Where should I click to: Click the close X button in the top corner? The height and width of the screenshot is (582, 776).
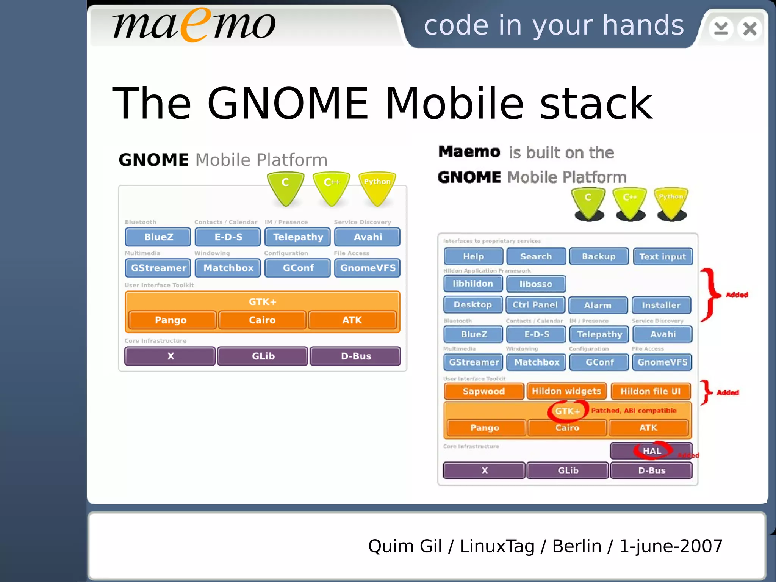[749, 29]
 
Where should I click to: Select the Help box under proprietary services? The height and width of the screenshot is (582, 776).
[473, 257]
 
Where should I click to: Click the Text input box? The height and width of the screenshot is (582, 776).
[662, 257]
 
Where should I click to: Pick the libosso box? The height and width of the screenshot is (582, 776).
[536, 284]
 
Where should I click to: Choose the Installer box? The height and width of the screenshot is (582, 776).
[661, 305]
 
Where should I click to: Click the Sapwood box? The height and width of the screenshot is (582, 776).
[483, 391]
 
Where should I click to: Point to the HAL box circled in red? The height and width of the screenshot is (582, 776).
[652, 451]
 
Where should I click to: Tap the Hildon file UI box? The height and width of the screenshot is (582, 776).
[651, 391]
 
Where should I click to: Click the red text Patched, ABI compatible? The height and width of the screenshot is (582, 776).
[634, 411]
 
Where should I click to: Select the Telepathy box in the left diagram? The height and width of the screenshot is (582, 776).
[298, 237]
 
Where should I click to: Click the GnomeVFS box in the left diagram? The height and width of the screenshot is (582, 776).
[368, 268]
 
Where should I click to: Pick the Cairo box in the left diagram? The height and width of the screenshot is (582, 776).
[262, 320]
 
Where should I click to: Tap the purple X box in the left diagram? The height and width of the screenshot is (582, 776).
[171, 356]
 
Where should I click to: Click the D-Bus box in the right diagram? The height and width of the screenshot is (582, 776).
[651, 471]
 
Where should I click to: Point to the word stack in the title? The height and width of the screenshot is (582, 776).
[596, 104]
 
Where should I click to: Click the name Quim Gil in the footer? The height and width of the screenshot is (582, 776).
[405, 546]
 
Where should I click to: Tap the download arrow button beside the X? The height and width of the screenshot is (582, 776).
[721, 29]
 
